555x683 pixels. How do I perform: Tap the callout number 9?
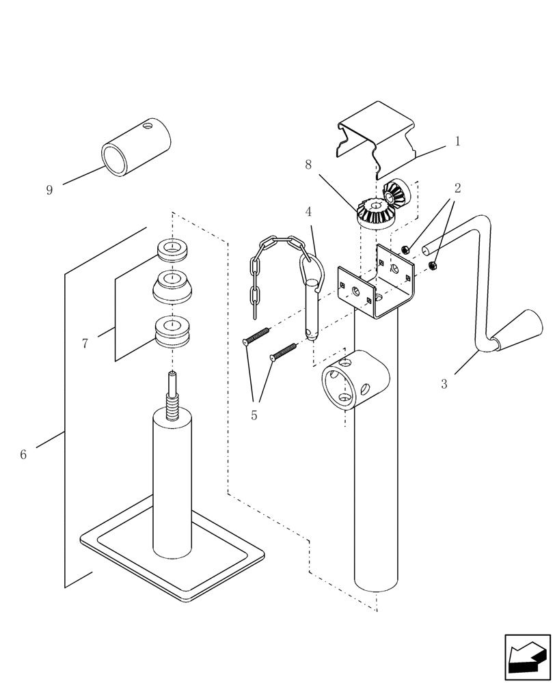pyautogui.click(x=49, y=190)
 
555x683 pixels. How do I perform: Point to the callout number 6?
pyautogui.click(x=23, y=454)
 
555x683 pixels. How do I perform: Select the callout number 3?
pyautogui.click(x=444, y=384)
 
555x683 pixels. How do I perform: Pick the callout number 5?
pyautogui.click(x=254, y=415)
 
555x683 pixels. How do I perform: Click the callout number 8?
pyautogui.click(x=308, y=165)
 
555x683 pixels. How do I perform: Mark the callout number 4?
pyautogui.click(x=308, y=212)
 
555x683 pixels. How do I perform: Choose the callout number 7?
pyautogui.click(x=85, y=344)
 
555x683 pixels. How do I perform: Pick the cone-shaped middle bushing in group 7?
pyautogui.click(x=172, y=287)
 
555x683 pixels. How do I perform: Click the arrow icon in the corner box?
pyautogui.click(x=527, y=657)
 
